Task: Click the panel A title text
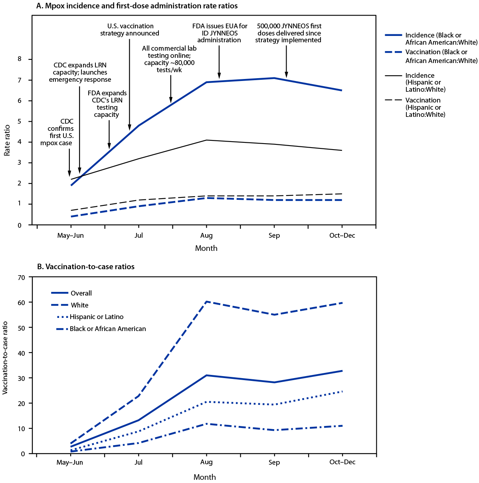[x=137, y=6]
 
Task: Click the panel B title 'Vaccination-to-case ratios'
[x=86, y=266]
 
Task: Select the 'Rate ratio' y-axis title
[x=7, y=142]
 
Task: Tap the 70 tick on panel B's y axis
[x=21, y=277]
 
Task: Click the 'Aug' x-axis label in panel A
[x=206, y=235]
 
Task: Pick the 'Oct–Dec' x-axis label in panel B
[x=342, y=462]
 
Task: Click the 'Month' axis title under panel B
[x=204, y=477]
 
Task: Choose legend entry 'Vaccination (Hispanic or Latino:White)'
[x=425, y=107]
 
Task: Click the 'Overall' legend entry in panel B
[x=81, y=293]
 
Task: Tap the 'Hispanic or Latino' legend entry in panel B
[x=96, y=317]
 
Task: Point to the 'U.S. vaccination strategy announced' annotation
[x=130, y=30]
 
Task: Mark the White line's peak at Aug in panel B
[x=206, y=302]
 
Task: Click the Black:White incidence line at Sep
[x=274, y=78]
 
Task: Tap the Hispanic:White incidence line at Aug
[x=206, y=140]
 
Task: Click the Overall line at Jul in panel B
[x=139, y=420]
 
